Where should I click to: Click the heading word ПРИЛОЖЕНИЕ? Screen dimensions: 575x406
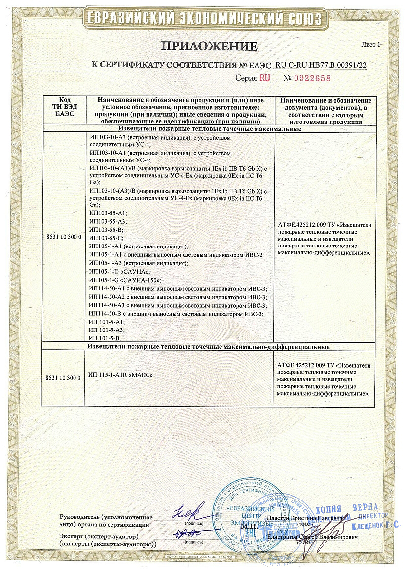click(x=209, y=46)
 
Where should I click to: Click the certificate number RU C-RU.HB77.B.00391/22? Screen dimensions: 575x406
click(x=324, y=65)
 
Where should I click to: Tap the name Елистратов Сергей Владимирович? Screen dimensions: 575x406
click(x=312, y=536)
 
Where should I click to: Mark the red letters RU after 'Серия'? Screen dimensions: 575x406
click(x=265, y=78)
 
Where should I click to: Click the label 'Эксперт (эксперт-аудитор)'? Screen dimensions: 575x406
click(x=99, y=536)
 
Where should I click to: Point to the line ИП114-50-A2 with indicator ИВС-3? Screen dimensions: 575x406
click(x=178, y=297)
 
